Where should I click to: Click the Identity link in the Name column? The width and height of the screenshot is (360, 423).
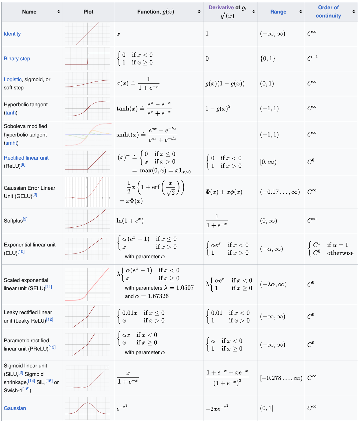(12, 34)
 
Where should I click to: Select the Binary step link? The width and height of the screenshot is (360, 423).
(17, 59)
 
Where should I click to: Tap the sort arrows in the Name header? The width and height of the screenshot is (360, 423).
(58, 12)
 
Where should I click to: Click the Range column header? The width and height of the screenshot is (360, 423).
(278, 12)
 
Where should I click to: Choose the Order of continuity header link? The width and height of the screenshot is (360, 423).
(328, 12)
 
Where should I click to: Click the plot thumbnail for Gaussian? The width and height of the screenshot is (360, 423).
(87, 408)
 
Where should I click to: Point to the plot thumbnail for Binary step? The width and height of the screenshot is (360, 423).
(87, 59)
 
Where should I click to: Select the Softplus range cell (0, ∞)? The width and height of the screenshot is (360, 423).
(268, 221)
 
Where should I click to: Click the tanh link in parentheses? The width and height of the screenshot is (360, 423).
(11, 113)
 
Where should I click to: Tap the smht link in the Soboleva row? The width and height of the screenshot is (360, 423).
(11, 143)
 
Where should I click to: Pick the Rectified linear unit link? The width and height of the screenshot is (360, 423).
(26, 158)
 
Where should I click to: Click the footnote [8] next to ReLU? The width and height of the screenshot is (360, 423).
(23, 165)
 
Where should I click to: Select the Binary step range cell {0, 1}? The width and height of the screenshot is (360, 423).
(267, 59)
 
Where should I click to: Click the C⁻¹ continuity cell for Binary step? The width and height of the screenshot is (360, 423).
(312, 58)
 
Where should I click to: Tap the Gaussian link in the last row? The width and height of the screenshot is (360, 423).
(15, 408)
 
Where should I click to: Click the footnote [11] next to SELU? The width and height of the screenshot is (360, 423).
(49, 287)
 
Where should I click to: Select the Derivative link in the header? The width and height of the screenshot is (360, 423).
(221, 8)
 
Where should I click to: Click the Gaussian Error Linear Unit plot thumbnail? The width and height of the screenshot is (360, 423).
(87, 192)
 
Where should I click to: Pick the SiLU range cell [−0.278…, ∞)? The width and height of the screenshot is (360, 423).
(281, 378)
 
